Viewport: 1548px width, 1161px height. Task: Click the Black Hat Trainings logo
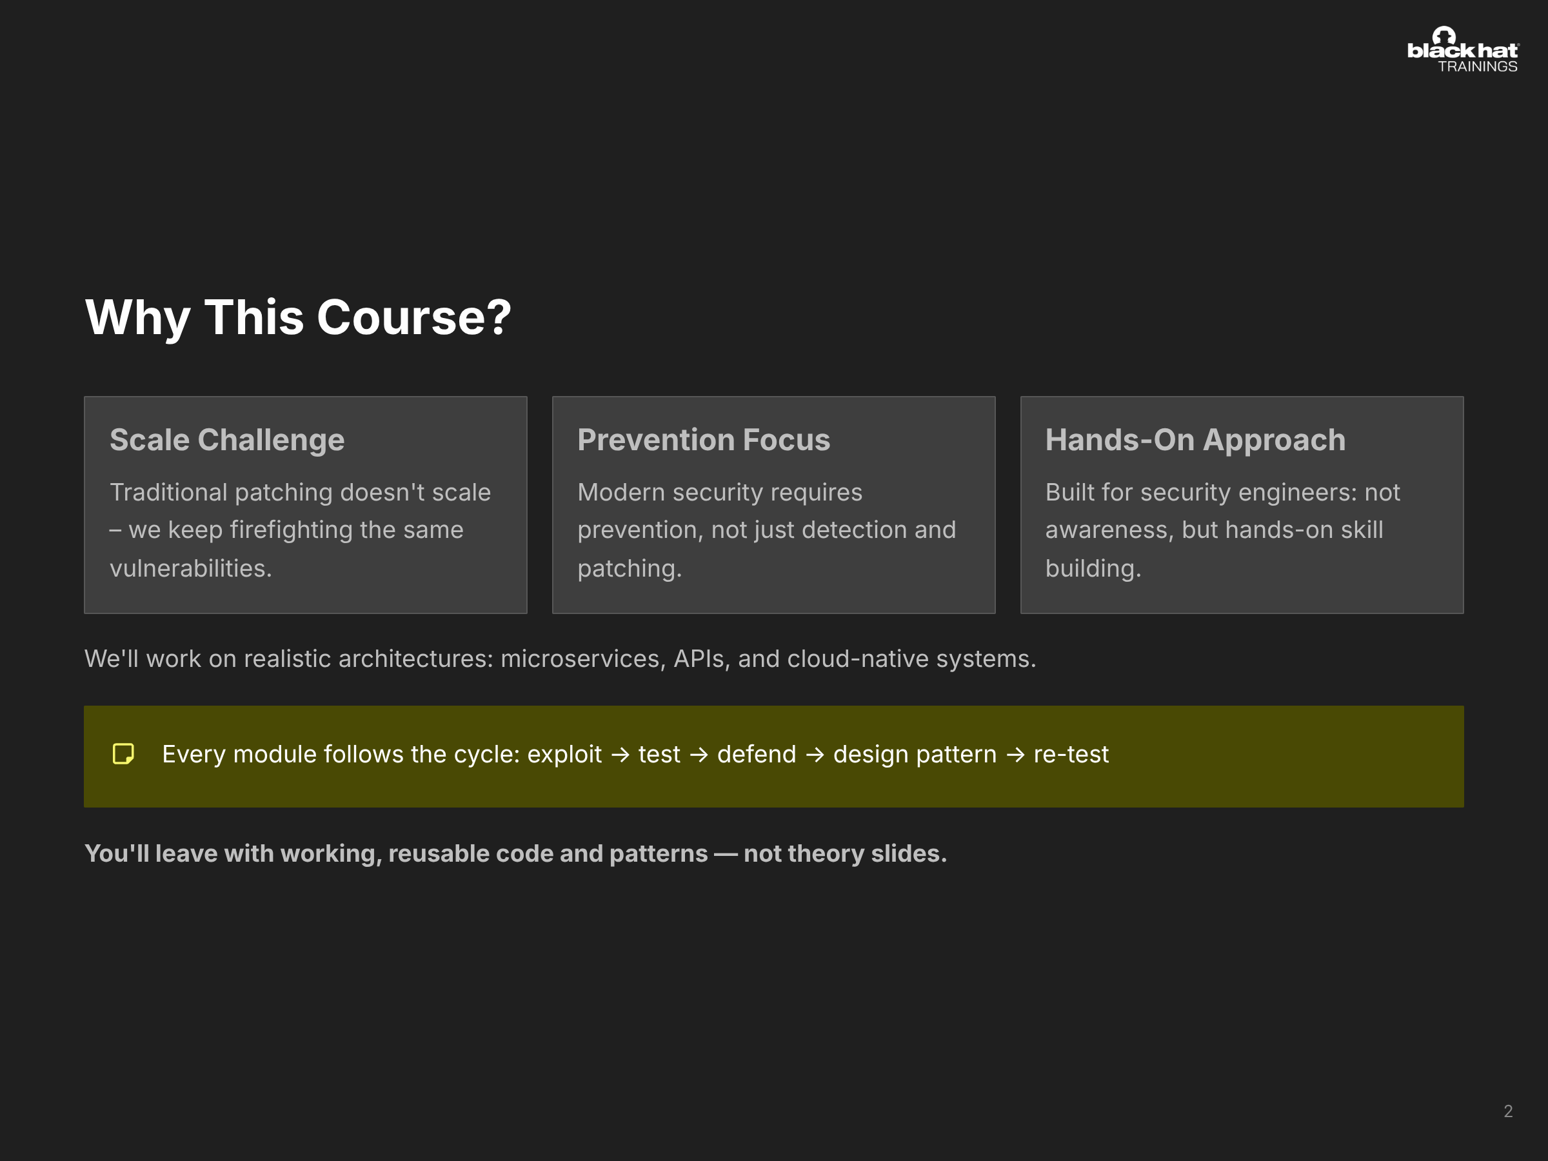pos(1463,50)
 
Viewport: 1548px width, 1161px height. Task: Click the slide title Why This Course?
pos(298,318)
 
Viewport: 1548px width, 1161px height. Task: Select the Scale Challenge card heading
pos(227,440)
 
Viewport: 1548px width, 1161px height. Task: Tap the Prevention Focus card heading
pos(703,440)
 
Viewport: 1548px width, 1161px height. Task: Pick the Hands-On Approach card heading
pos(1195,440)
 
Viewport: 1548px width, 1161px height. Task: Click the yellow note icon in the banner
pos(123,754)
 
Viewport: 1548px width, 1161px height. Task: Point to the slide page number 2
pos(1508,1111)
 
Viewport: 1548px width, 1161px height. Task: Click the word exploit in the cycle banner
pos(564,755)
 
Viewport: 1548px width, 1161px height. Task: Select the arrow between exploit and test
pos(620,755)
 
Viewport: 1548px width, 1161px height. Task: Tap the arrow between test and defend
pos(699,755)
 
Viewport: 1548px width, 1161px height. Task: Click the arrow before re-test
pos(1015,755)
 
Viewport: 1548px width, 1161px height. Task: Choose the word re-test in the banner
pos(1071,755)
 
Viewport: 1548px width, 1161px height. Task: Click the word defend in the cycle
pos(757,755)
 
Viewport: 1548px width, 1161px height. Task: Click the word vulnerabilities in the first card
pos(190,568)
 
